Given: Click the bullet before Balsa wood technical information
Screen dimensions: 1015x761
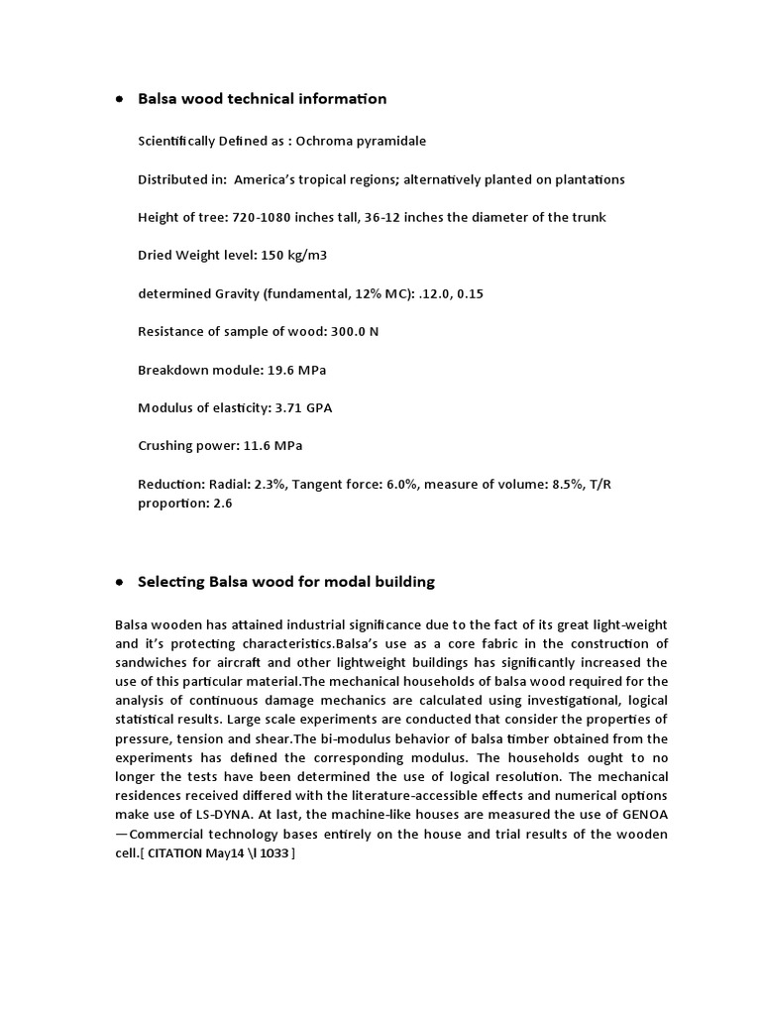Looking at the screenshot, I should click(x=120, y=100).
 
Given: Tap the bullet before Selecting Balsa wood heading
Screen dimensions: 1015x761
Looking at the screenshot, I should click(x=120, y=583).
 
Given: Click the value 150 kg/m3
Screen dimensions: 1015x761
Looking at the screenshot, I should click(x=294, y=256).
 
